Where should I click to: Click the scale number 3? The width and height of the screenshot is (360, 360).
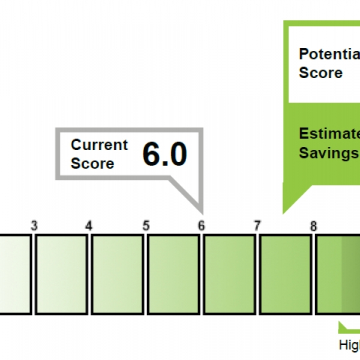(x=34, y=226)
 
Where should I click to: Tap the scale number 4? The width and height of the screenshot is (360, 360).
(x=89, y=226)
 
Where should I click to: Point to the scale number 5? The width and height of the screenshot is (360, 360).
(x=146, y=226)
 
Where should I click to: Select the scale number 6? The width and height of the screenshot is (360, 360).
(x=202, y=226)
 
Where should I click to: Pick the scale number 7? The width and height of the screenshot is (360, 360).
(x=257, y=226)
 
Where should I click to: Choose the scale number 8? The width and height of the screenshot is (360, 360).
(x=313, y=226)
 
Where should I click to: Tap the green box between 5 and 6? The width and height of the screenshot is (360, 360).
(x=173, y=274)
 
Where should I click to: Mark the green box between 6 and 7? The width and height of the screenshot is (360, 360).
(x=230, y=274)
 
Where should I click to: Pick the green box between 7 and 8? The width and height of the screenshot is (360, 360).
(x=286, y=274)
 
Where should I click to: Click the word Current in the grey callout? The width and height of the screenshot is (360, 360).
(x=100, y=145)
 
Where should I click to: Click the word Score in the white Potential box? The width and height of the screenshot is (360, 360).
(x=320, y=73)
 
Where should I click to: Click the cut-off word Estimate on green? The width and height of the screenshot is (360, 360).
(x=329, y=133)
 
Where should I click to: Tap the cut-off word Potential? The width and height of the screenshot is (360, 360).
(x=329, y=54)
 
